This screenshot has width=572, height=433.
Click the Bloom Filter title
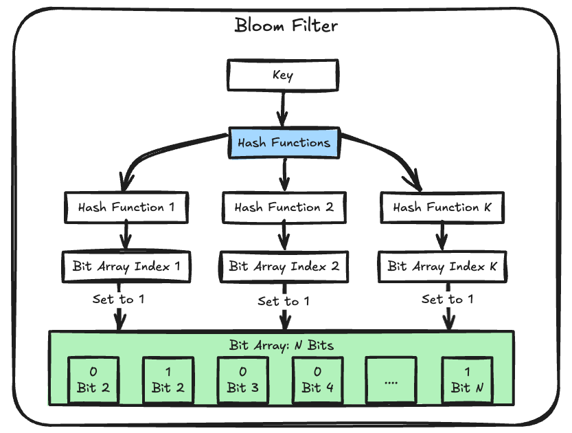(286, 26)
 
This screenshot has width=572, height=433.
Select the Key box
(282, 75)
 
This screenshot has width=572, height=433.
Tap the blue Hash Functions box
(284, 143)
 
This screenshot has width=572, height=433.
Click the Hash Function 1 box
(126, 207)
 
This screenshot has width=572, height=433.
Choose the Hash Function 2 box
(284, 207)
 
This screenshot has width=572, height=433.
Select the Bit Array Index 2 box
(284, 266)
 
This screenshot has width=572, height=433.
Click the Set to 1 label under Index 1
(118, 300)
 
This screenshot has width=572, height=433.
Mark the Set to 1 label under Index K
(447, 300)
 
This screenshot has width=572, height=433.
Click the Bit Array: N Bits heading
(282, 344)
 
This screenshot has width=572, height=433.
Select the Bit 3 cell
(243, 379)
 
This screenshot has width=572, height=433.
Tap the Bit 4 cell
(317, 379)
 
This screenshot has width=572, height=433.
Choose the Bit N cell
(466, 379)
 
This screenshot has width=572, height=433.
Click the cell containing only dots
(391, 379)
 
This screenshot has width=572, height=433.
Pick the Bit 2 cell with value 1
(168, 379)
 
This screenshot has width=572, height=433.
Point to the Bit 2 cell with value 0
(93, 379)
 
